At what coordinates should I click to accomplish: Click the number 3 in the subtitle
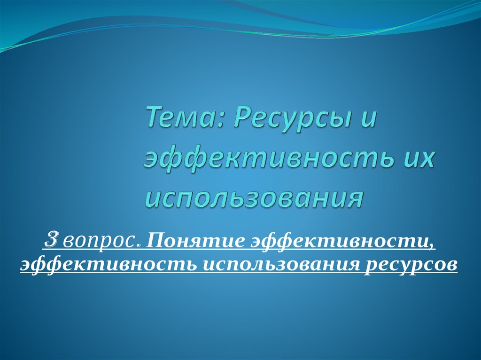[x=51, y=241]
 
